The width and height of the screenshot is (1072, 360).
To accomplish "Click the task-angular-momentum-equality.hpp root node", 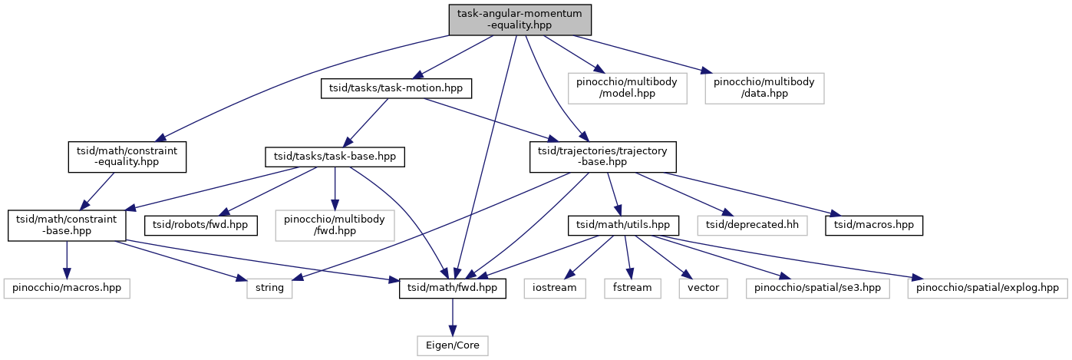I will tap(520, 19).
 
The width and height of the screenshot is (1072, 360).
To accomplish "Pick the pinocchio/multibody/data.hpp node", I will tap(764, 88).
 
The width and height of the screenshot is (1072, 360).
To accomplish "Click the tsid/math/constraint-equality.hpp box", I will tap(126, 157).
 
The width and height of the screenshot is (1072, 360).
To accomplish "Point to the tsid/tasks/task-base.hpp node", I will tap(335, 157).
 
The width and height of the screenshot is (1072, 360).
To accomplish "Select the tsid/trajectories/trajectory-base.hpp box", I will tap(604, 157).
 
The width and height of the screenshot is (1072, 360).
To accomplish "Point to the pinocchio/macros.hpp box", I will tap(67, 289).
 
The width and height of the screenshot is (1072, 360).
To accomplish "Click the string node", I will tap(269, 289).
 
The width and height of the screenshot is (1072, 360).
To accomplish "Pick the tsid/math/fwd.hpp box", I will tap(452, 289).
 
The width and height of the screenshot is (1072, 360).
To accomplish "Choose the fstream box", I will tap(632, 289).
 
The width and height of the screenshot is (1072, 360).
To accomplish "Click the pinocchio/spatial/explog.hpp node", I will tap(987, 289).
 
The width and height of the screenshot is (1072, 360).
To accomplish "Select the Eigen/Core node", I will tap(452, 345).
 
